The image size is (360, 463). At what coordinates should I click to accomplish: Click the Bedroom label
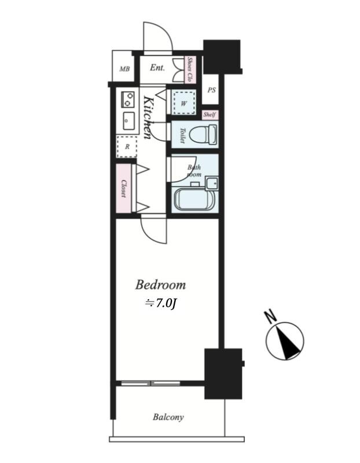point(160,285)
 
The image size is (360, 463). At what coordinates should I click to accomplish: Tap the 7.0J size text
point(160,303)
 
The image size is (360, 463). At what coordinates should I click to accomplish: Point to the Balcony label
point(168,417)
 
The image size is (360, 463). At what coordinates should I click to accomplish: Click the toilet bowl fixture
point(203,134)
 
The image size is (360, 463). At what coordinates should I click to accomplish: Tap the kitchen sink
point(128,120)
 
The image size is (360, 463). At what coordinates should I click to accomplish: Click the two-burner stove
point(127,100)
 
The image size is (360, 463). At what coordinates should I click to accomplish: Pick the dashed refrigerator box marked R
point(127,146)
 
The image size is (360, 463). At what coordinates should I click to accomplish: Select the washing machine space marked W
point(184,103)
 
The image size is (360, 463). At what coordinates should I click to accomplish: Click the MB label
point(124,69)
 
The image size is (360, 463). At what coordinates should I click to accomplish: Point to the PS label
point(211,90)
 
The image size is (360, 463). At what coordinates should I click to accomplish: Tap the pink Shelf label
point(210,115)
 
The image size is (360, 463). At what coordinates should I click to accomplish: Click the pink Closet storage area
point(123,189)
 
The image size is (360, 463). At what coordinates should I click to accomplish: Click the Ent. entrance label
point(157,68)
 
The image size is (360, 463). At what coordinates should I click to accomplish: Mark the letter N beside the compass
point(270,316)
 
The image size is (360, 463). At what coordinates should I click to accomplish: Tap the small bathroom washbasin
point(212,183)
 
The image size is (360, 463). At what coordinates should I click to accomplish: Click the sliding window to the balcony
point(150,383)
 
